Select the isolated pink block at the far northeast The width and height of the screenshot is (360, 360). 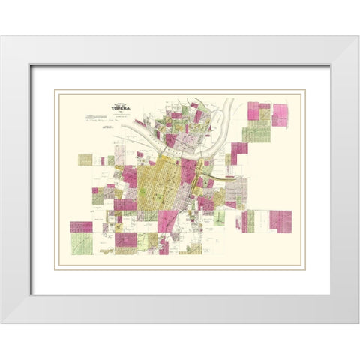point(280,115)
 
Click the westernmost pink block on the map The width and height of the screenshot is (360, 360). point(81,226)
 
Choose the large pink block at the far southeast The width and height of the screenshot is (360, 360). point(280,221)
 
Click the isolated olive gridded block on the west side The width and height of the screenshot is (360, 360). point(85,160)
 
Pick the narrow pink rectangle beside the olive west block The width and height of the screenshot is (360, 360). point(100,160)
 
